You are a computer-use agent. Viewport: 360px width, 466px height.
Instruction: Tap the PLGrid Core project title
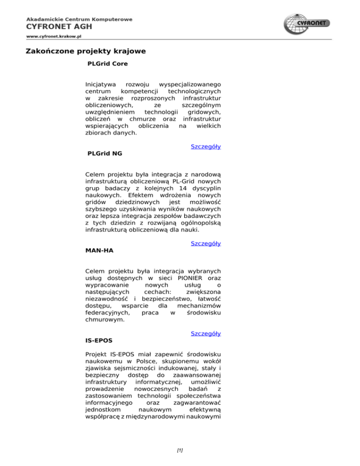point(108,63)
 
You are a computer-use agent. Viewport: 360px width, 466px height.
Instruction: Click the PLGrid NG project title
point(105,153)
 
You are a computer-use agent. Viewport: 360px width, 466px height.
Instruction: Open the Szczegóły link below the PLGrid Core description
point(206,146)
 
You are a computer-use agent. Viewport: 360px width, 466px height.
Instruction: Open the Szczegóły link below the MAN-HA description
point(206,333)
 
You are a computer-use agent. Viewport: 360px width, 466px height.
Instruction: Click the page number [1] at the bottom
point(180,451)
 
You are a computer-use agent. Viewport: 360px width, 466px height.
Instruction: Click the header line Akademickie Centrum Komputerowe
point(79,19)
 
